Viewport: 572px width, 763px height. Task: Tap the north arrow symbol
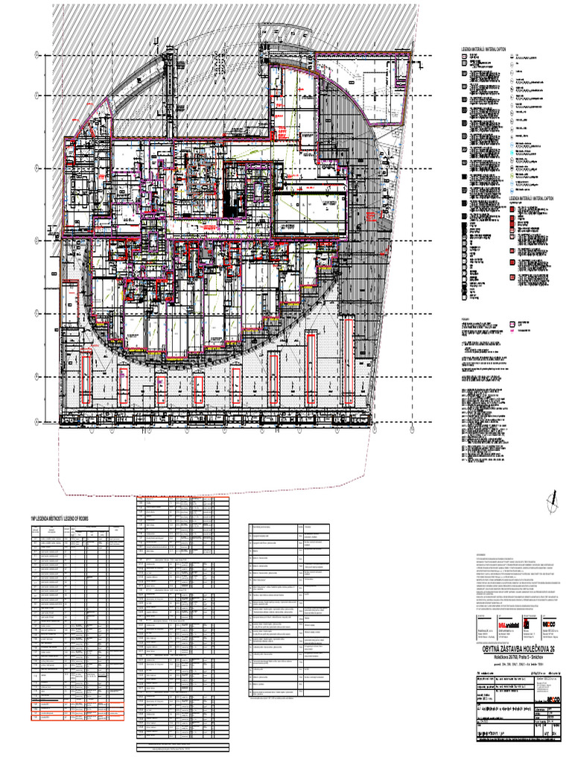pos(553,502)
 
